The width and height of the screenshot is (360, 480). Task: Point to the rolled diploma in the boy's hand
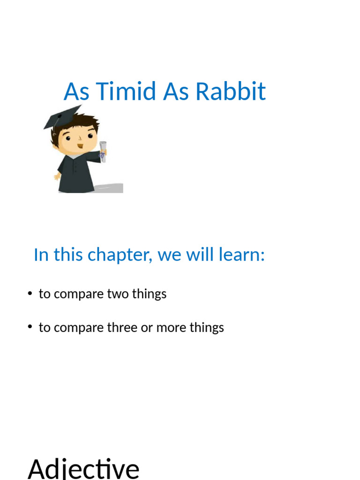[103, 150]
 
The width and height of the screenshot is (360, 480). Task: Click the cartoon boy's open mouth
[81, 147]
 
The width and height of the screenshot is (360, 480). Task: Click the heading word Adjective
[83, 469]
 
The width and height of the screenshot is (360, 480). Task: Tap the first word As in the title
[76, 91]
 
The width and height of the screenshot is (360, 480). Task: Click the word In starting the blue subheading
[41, 255]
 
